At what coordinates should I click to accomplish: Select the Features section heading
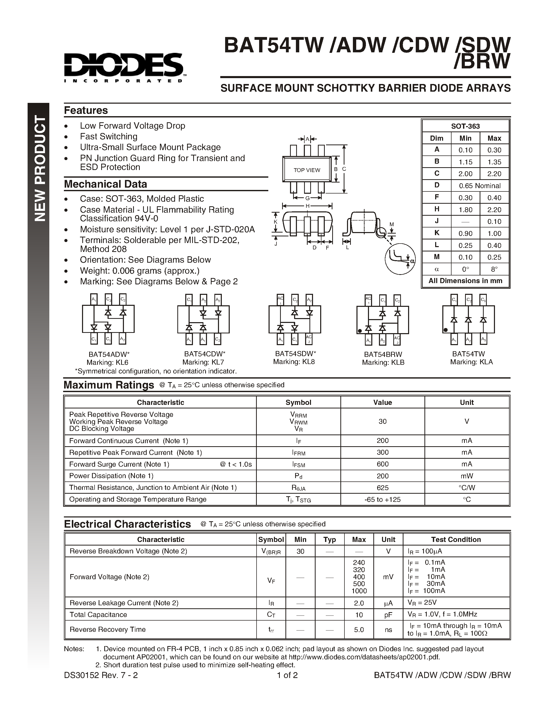coord(86,110)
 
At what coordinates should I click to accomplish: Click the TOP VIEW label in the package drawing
coord(307,170)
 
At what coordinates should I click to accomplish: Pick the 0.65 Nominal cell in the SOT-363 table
coord(480,186)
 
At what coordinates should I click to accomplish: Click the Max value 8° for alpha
coord(494,269)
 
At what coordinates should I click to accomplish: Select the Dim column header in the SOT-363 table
coord(436,138)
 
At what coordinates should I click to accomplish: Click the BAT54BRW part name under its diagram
coord(383,354)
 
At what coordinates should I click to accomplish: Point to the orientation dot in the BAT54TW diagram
coord(446,330)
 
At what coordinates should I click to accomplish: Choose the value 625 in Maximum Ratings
coord(383,488)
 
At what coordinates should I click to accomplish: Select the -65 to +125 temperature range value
coord(383,500)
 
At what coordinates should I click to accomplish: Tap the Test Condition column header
coord(456,540)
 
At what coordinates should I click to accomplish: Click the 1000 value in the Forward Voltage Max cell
coord(359,591)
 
